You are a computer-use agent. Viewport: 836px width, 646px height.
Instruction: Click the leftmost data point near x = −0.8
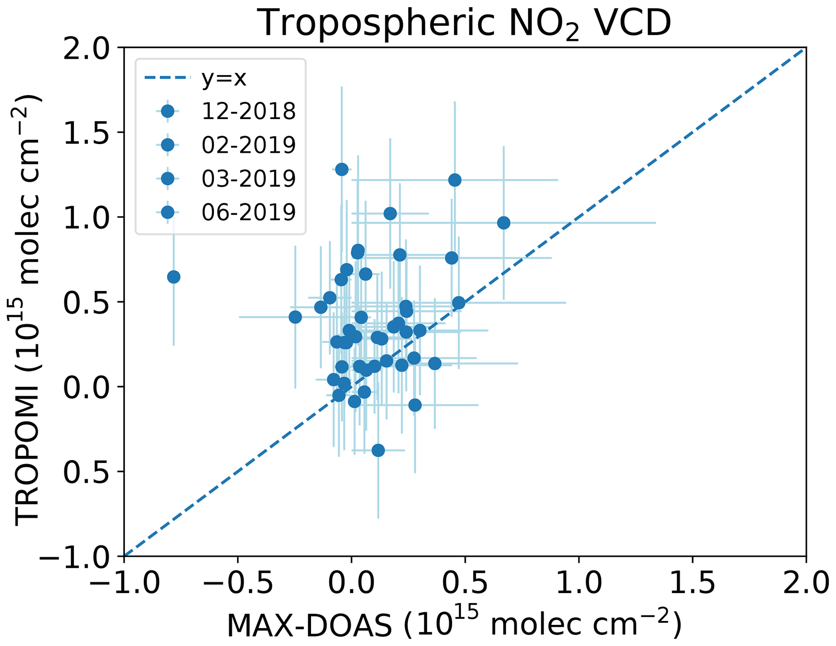[174, 277]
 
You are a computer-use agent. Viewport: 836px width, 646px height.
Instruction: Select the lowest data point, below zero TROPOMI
[378, 450]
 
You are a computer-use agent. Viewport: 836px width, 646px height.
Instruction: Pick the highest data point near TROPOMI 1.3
[342, 169]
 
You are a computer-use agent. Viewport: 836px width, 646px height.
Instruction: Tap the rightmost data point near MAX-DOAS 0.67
[504, 223]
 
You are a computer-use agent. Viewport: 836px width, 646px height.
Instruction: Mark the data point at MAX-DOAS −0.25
[295, 317]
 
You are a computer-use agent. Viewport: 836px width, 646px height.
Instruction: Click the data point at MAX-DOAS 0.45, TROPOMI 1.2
[455, 180]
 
